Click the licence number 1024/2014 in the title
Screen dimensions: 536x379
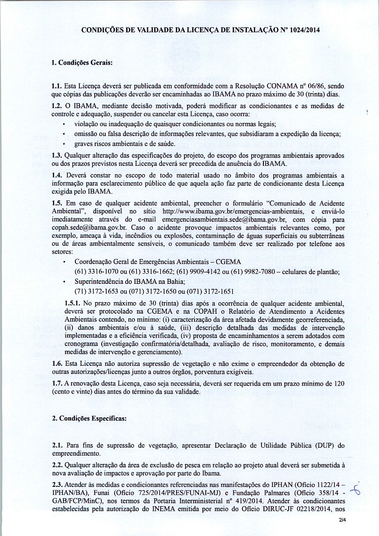(304, 30)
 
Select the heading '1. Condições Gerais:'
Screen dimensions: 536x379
(82, 63)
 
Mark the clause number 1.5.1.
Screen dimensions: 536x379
(74, 303)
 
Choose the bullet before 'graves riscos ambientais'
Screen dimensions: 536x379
(66, 144)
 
